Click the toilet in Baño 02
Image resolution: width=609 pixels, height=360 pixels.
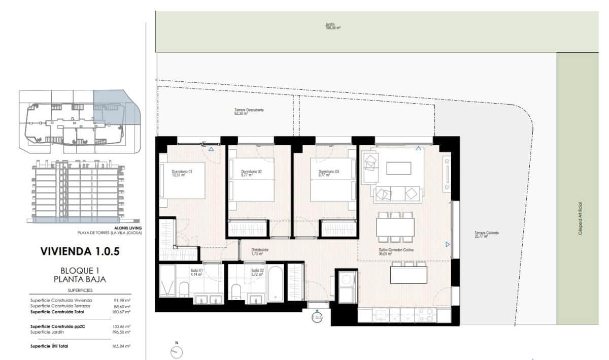(235, 291)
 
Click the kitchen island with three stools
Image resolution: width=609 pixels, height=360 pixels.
(409, 275)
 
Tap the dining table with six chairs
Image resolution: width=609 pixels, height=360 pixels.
(395, 227)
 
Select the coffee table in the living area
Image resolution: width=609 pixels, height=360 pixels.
(399, 168)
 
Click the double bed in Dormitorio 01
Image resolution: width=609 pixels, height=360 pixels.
(183, 180)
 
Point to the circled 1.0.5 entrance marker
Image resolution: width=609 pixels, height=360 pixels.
(317, 318)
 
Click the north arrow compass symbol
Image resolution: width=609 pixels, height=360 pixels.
(177, 351)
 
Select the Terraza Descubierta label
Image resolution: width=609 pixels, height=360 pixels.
(249, 111)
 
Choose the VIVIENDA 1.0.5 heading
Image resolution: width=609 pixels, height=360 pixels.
(79, 251)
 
